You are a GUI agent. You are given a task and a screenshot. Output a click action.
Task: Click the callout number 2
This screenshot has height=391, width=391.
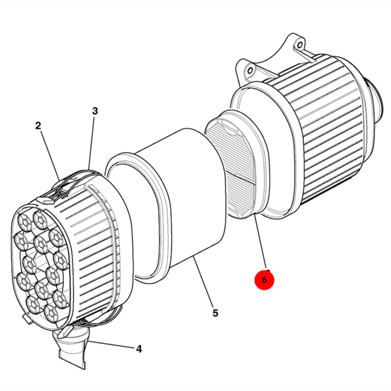38,126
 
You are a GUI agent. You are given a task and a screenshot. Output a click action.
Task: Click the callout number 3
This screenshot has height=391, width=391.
95,111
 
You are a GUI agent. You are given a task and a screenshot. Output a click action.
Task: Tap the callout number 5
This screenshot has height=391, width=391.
215,313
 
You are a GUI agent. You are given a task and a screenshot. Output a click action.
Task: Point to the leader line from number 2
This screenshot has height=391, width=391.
50,156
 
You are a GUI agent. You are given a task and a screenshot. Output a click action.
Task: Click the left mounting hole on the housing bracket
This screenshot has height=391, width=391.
250,71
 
